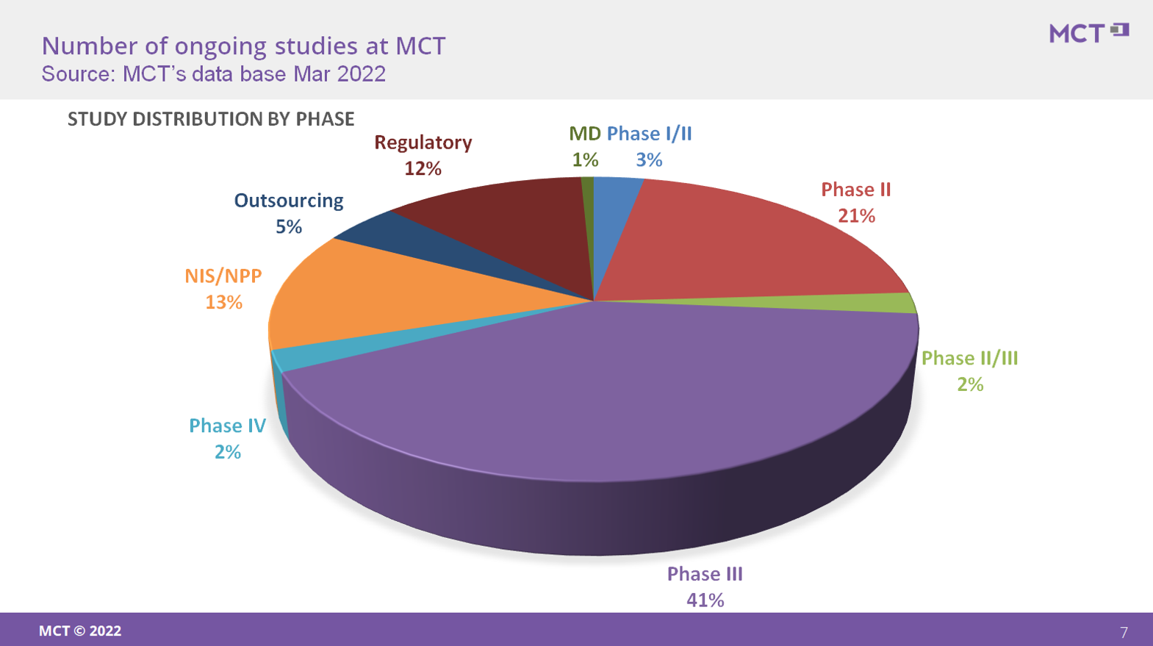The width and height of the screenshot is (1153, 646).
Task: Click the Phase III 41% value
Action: pos(705,600)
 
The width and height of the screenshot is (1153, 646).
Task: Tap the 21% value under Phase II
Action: pos(856,216)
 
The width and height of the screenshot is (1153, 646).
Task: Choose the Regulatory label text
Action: pos(423,143)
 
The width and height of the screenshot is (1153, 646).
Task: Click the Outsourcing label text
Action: pos(289,201)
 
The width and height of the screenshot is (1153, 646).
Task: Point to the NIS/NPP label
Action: pos(223,276)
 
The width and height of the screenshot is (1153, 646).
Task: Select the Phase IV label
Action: pos(227,426)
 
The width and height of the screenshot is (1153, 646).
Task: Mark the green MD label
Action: pos(585,134)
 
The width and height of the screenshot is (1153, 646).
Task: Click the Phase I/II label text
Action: pos(649,134)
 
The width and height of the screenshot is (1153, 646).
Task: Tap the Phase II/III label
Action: pos(970,359)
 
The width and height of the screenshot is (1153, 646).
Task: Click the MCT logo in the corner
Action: pos(1088,33)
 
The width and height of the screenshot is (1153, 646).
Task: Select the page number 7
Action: pos(1124,632)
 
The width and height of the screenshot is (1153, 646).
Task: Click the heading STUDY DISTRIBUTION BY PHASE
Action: pos(211,119)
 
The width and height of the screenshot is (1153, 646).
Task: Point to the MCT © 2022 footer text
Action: pos(80,631)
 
